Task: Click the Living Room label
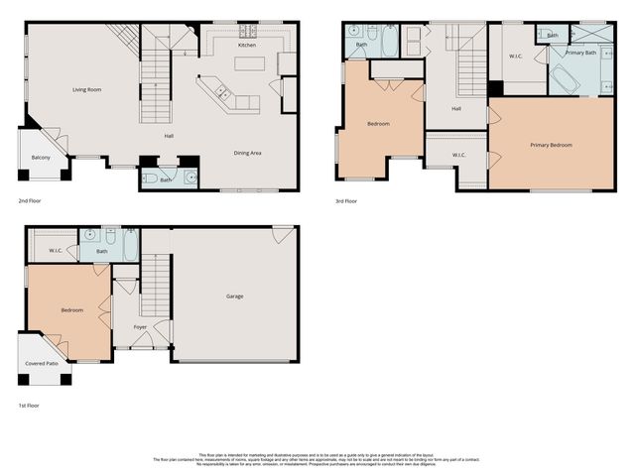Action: click(86, 90)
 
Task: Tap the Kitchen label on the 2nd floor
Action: click(248, 46)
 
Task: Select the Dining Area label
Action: click(247, 153)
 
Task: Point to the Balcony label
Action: click(41, 158)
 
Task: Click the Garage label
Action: click(234, 297)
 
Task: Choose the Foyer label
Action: click(140, 326)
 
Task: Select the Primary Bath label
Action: click(580, 52)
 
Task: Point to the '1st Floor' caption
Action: click(28, 406)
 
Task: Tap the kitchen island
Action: click(250, 64)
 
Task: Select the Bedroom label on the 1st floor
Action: click(71, 310)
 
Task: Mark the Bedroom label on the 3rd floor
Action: click(378, 124)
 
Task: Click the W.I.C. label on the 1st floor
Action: click(57, 251)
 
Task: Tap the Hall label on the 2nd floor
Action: click(170, 136)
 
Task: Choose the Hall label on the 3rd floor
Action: click(456, 109)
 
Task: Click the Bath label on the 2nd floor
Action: click(166, 179)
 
